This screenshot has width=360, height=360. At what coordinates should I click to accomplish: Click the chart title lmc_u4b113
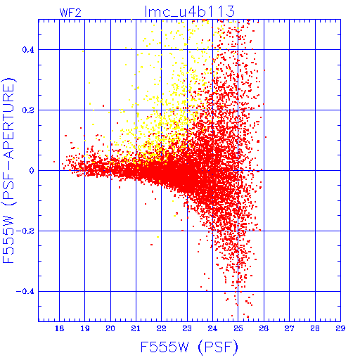tap(190, 11)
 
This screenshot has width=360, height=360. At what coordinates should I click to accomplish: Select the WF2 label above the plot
tap(70, 13)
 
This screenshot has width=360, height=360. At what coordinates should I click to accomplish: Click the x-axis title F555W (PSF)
tap(189, 347)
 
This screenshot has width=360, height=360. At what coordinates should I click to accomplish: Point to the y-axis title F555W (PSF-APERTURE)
tap(8, 171)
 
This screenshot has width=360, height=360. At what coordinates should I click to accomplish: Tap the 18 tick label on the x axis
tap(60, 328)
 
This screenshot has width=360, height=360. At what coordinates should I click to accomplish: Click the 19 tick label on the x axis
tap(85, 328)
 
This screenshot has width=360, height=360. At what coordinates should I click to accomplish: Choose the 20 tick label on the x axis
tap(110, 328)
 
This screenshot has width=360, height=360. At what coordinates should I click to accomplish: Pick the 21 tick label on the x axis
tap(136, 328)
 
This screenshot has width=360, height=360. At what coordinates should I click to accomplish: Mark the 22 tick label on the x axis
tap(162, 328)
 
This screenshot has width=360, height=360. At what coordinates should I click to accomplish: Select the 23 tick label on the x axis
tap(187, 328)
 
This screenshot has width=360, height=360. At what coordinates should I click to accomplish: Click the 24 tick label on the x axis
tap(212, 328)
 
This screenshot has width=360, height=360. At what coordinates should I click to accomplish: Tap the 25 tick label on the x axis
tap(238, 328)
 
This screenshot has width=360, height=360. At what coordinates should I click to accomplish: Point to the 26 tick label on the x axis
tap(264, 328)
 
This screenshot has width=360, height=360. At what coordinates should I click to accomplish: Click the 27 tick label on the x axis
tap(289, 328)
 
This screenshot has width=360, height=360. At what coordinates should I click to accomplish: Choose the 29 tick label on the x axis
tap(340, 328)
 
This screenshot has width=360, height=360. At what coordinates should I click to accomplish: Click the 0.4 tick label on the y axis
tap(28, 50)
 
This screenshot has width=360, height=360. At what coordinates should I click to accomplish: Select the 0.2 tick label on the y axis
tap(28, 110)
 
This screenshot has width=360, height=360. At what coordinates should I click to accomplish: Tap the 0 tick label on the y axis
tap(32, 171)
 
